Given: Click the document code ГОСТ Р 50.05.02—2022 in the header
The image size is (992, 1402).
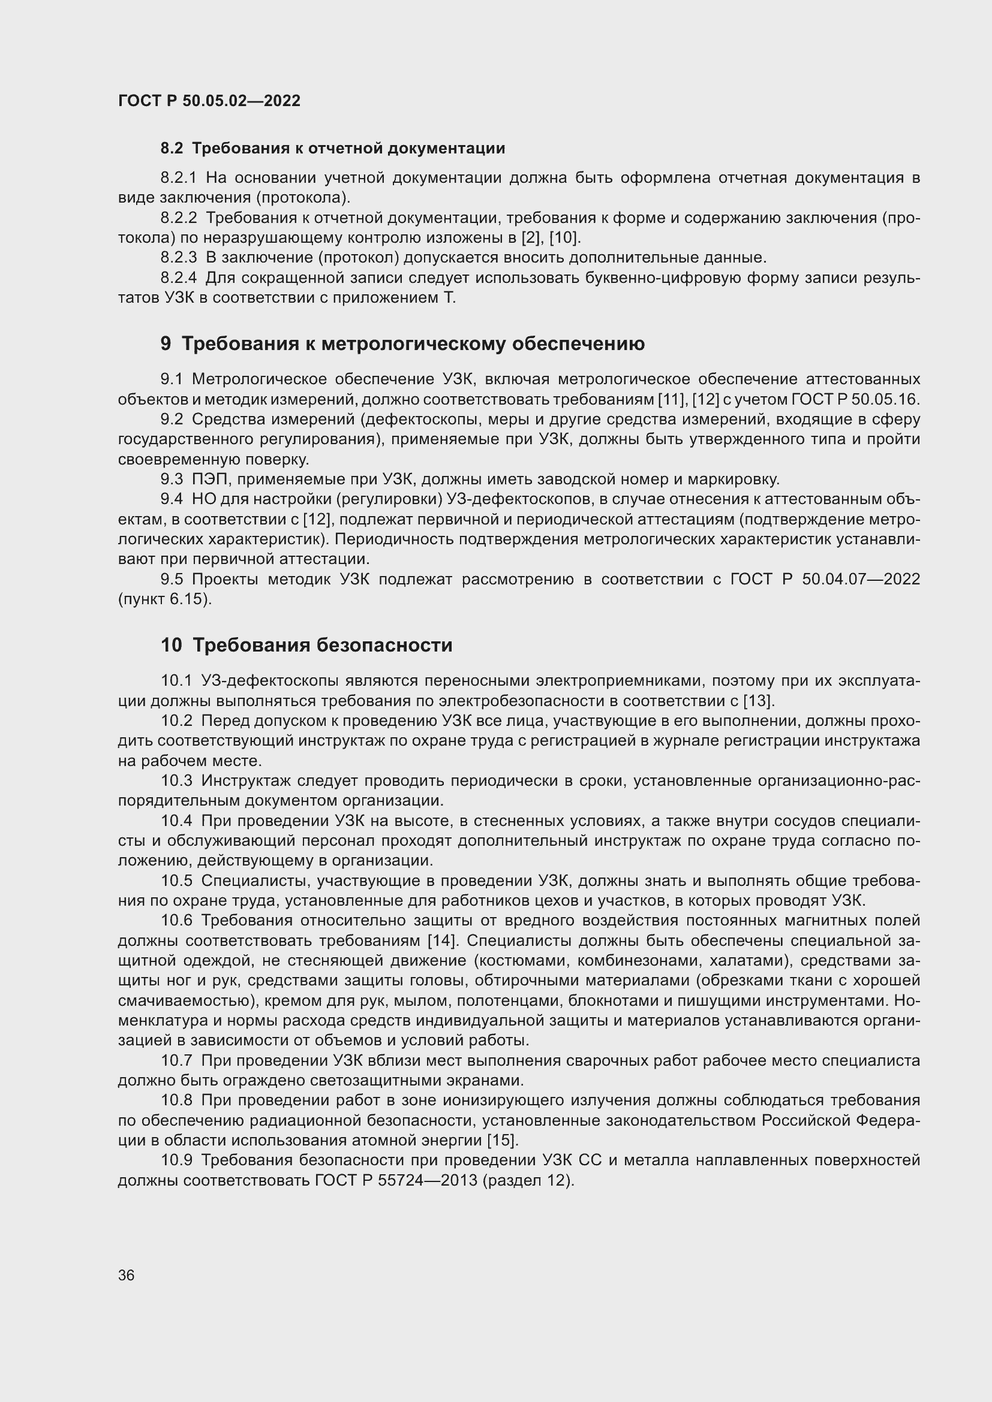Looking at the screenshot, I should coord(209,101).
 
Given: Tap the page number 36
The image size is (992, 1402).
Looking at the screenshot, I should coord(127,1275).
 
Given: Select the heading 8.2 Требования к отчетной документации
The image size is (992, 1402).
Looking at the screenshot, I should coord(332,149).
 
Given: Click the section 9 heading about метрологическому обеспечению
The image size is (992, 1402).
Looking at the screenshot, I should coord(402,344).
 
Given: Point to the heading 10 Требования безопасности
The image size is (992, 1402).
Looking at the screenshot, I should coord(306,645).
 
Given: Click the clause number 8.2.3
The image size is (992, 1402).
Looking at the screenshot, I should coord(178,258).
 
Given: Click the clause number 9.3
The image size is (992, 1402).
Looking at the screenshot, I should coord(172,480).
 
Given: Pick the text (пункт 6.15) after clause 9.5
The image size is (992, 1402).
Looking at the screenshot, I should coord(165,599).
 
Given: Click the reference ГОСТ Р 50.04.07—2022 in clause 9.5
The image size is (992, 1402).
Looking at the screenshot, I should coord(825,579).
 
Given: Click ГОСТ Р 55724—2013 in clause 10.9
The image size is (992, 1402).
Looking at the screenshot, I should coord(396,1180).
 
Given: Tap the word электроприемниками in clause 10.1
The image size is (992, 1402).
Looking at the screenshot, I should coord(617,680).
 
